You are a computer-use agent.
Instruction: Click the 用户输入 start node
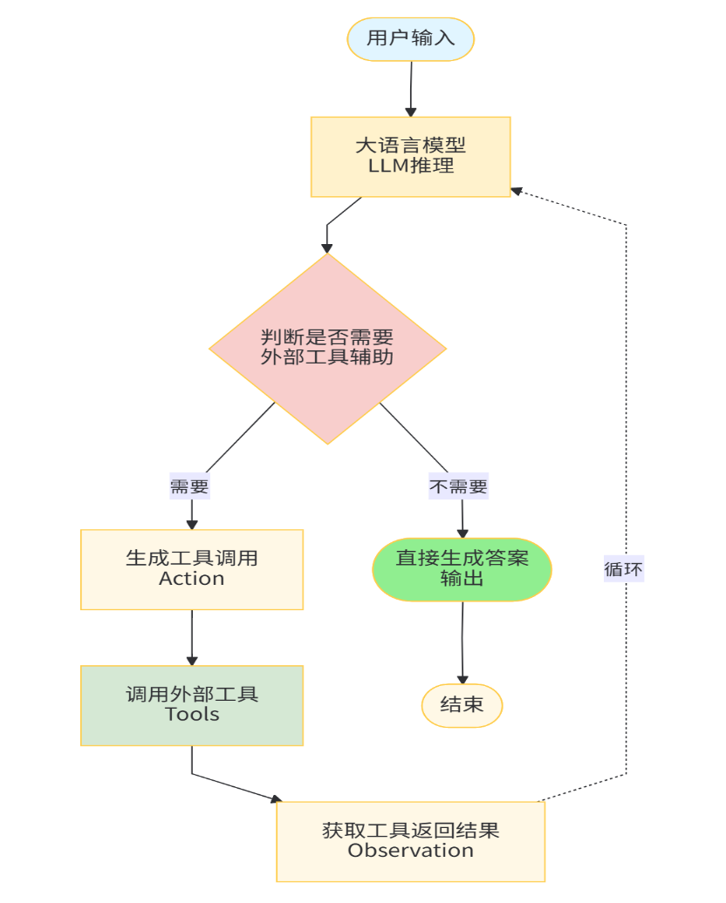pos(410,38)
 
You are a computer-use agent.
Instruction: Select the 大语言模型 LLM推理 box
pos(410,156)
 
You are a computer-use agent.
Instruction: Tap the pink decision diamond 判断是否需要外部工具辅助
pos(327,348)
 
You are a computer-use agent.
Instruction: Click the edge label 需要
pos(189,486)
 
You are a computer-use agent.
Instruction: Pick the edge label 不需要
pos(458,486)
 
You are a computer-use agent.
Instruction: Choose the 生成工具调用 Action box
pos(192,568)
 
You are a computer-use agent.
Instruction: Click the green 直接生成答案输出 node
pos(462,568)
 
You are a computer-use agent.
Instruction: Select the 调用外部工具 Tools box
pos(192,704)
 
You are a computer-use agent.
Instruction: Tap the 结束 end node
pos(462,705)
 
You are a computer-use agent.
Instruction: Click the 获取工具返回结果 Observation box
pos(410,840)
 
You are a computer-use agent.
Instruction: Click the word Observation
pos(410,851)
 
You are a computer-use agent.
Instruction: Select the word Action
pos(192,579)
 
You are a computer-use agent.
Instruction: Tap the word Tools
pos(192,715)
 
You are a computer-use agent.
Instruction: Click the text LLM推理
pos(410,166)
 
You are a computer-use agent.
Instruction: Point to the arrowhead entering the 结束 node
pos(462,678)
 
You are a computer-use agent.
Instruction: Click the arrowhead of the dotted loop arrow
pos(517,189)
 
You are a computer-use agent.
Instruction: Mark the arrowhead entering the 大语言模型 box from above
pos(410,111)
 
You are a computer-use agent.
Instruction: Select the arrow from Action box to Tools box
pos(192,636)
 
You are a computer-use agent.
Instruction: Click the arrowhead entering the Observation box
pos(277,798)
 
